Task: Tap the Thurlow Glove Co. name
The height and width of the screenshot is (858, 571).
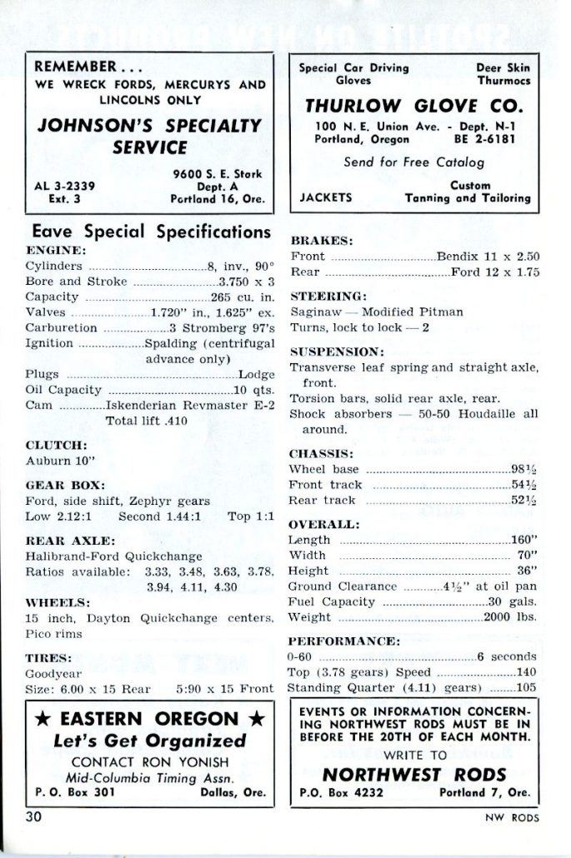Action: (414, 106)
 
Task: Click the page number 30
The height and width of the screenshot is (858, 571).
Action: (34, 816)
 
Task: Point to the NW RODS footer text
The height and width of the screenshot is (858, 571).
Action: (513, 817)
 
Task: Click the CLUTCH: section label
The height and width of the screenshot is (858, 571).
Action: (57, 444)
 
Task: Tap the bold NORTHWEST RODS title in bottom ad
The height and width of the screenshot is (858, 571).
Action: (414, 772)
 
